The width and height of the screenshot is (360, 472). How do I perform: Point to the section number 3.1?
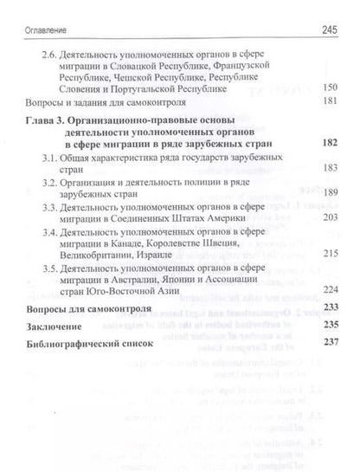tap(51, 158)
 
